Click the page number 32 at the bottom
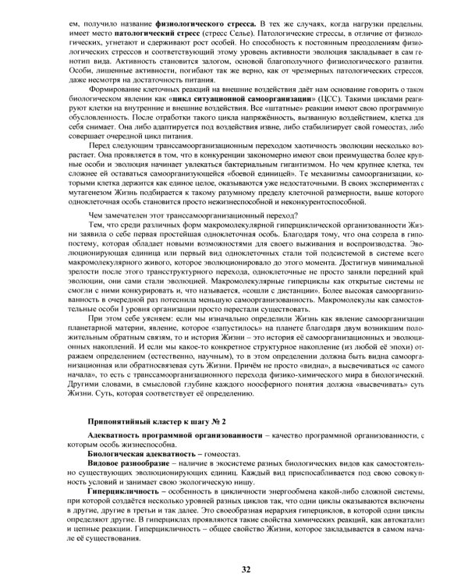(246, 569)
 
